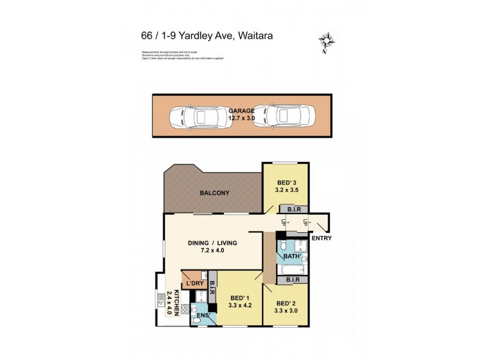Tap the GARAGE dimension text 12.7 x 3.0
[241, 119]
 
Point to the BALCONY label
[215, 193]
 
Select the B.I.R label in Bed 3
[293, 209]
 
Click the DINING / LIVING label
[213, 243]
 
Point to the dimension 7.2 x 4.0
[213, 251]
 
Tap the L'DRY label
[195, 283]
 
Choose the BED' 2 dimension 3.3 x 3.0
[286, 310]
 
